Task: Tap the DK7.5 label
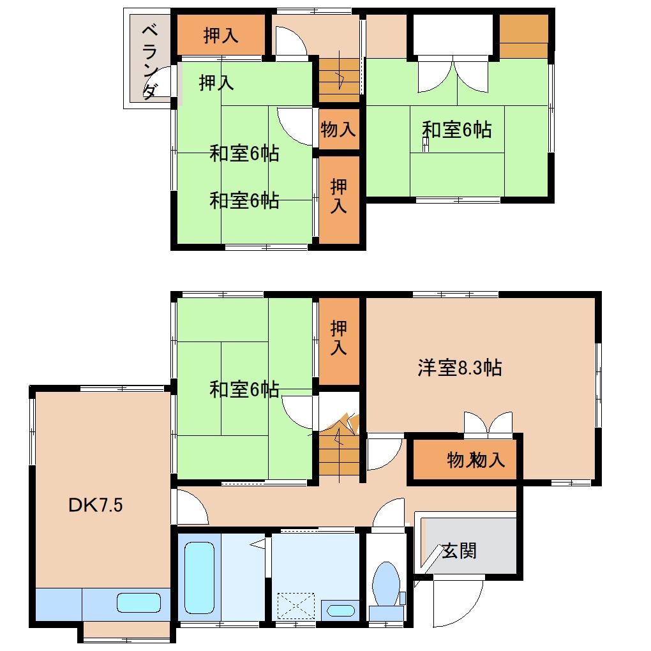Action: tap(95, 505)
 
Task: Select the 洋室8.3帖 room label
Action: tap(460, 368)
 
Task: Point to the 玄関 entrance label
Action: tap(460, 550)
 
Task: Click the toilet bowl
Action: tap(385, 584)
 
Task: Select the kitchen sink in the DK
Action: tap(138, 602)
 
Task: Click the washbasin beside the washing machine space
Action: tap(341, 610)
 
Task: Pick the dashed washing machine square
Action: tap(296, 606)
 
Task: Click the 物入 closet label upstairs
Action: tap(338, 130)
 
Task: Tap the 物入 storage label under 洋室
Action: tap(475, 460)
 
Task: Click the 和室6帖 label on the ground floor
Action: tap(244, 389)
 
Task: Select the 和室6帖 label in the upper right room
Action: tap(457, 130)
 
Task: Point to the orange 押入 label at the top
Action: tap(221, 36)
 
